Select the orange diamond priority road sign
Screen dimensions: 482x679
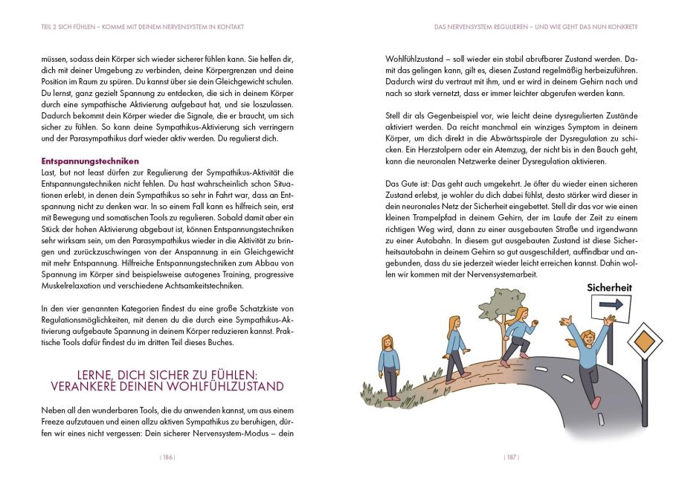click(x=645, y=343)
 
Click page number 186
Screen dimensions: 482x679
click(x=167, y=457)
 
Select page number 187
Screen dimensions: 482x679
click(x=512, y=457)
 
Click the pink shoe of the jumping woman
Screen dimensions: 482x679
click(x=595, y=402)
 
